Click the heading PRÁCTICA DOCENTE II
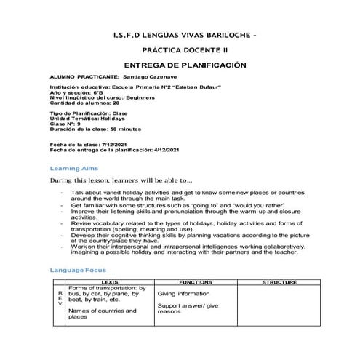pyautogui.click(x=181, y=51)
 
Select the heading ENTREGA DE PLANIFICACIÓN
pyautogui.click(x=181, y=65)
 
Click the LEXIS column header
pyautogui.click(x=111, y=281)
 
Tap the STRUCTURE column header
pyautogui.click(x=279, y=281)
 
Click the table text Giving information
pyautogui.click(x=184, y=292)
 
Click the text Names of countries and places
pyautogui.click(x=102, y=313)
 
